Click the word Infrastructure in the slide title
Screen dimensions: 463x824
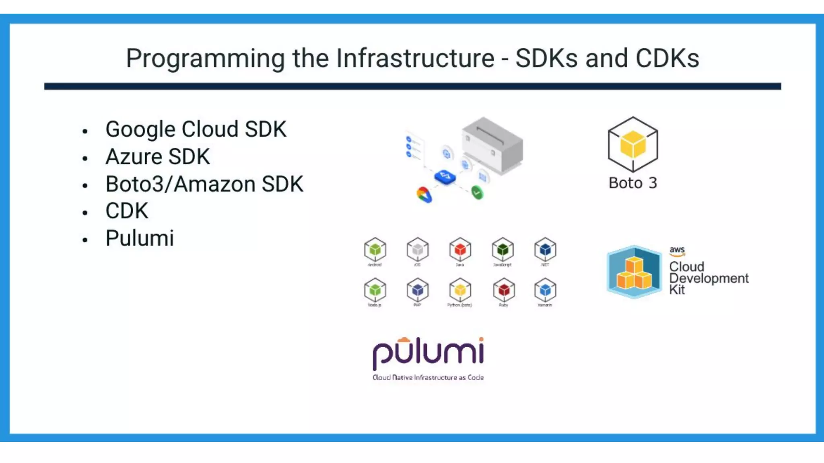[x=415, y=58]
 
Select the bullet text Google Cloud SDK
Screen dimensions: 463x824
[x=196, y=129]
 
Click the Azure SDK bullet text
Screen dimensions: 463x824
[x=157, y=157]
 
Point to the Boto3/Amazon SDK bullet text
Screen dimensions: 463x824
[x=204, y=184]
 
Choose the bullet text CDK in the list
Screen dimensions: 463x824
[x=127, y=211]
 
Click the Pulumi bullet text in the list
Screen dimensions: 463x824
[x=140, y=238]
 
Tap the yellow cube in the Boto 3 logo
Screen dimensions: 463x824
[x=632, y=144]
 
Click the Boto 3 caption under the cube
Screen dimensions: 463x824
[x=632, y=183]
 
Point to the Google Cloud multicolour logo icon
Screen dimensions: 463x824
[x=424, y=195]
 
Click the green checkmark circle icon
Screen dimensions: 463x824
[x=477, y=193]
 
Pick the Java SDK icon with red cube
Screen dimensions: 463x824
[x=460, y=250]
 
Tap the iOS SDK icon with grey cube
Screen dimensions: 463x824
[x=418, y=250]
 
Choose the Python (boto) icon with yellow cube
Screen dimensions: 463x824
[x=460, y=290]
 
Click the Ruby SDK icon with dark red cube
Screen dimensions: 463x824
[x=503, y=290]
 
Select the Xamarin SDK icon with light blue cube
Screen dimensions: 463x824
[x=545, y=290]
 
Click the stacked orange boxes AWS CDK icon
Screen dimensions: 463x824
[x=634, y=272]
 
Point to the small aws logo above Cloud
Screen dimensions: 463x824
[x=677, y=251]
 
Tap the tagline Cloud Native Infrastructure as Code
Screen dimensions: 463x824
[x=428, y=377]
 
